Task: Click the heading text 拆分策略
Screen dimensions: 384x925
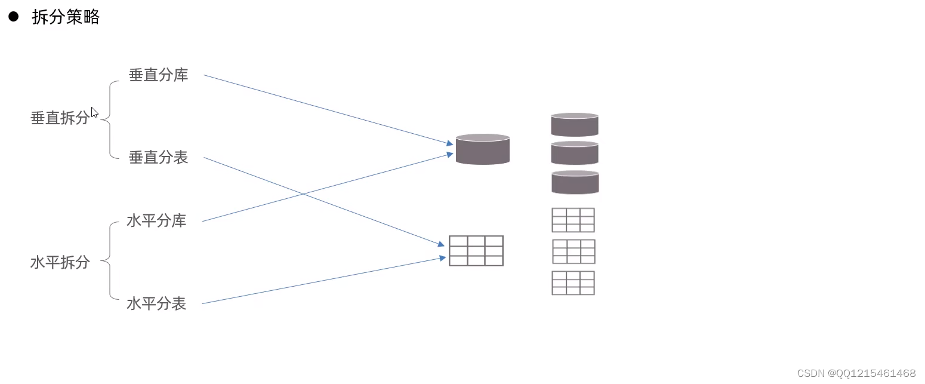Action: (66, 17)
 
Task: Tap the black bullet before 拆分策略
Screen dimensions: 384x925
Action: (14, 16)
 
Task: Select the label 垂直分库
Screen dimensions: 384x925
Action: (158, 75)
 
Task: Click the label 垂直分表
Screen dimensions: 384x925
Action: (158, 157)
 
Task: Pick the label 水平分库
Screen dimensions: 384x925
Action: (156, 221)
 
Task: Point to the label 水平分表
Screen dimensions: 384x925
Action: (156, 304)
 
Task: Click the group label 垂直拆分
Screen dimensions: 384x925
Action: (60, 118)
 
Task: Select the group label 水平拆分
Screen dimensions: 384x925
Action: (60, 262)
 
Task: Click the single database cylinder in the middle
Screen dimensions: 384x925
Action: (482, 149)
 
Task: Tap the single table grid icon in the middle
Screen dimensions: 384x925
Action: (476, 251)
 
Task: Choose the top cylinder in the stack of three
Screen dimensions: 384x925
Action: (574, 125)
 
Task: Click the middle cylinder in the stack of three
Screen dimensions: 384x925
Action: (574, 153)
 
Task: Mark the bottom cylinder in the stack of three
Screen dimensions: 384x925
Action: (575, 183)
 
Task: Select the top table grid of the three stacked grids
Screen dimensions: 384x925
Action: (573, 220)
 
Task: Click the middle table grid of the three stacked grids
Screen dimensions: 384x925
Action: (573, 251)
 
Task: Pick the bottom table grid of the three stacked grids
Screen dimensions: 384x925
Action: (573, 283)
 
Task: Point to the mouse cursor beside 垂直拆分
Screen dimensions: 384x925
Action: (94, 113)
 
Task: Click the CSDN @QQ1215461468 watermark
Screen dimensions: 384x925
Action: (856, 373)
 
